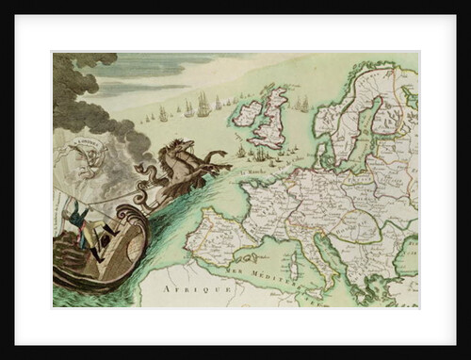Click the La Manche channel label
click(x=252, y=173)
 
